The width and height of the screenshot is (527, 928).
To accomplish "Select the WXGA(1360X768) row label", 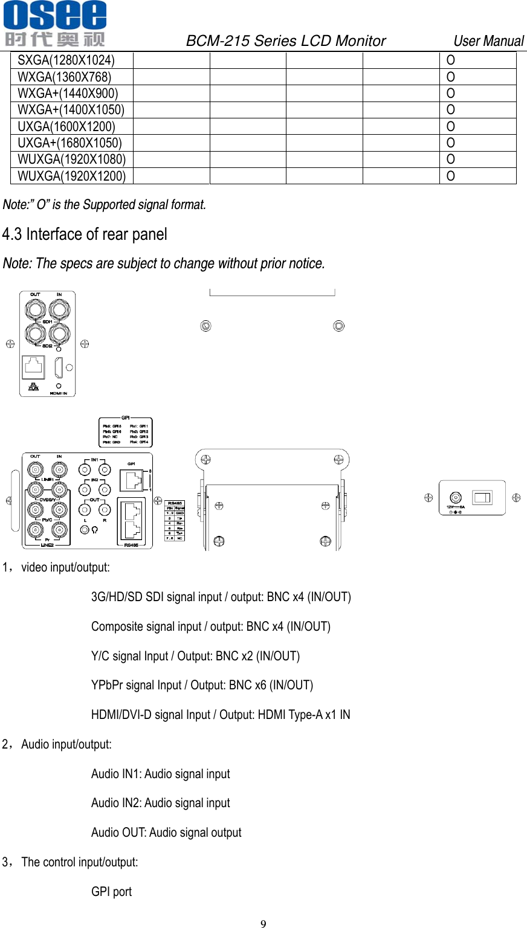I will pyautogui.click(x=65, y=77).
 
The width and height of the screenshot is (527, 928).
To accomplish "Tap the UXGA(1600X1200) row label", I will pyautogui.click(x=66, y=126).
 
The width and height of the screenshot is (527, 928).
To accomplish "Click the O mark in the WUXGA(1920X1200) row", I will pyautogui.click(x=450, y=176).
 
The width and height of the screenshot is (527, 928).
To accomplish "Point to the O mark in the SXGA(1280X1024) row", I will pyautogui.click(x=450, y=60).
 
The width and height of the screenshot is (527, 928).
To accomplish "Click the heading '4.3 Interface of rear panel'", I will pyautogui.click(x=85, y=234).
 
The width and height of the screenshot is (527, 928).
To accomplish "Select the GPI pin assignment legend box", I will pyautogui.click(x=126, y=433).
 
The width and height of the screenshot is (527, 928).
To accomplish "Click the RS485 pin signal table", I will pyautogui.click(x=175, y=520).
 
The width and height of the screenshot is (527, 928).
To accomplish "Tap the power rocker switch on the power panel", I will pyautogui.click(x=483, y=498).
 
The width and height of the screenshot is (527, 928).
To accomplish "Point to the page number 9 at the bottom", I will pyautogui.click(x=263, y=923).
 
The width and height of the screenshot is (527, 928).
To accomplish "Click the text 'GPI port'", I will pyautogui.click(x=111, y=892).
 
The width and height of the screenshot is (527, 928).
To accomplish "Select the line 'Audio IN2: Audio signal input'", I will pyautogui.click(x=160, y=803).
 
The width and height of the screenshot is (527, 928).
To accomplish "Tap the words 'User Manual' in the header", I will pyautogui.click(x=488, y=41).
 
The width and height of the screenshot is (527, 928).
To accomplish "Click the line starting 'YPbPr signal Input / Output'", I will pyautogui.click(x=202, y=685).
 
